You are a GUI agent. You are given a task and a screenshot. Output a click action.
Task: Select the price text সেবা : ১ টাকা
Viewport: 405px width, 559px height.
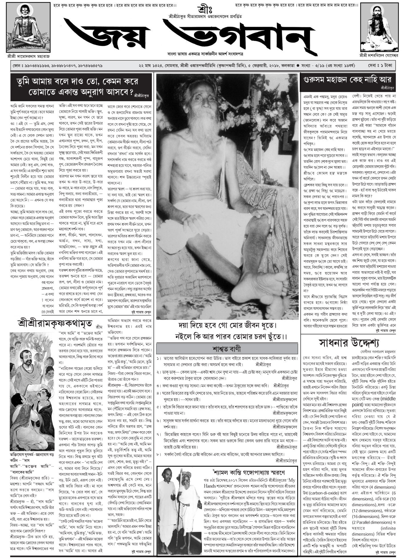[x=380, y=65]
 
